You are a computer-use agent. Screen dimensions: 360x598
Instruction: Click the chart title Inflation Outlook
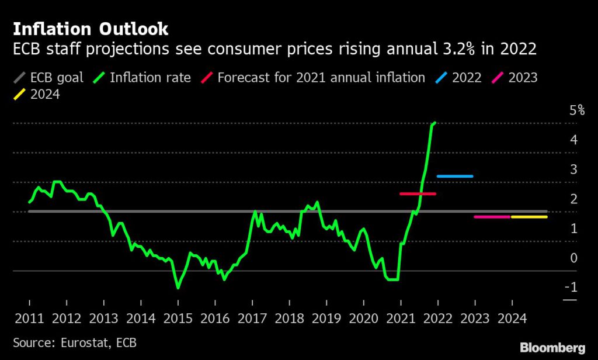[x=91, y=29]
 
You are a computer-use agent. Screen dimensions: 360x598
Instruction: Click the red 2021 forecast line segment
[x=418, y=193]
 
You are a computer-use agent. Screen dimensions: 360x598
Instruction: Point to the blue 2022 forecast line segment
[x=454, y=176]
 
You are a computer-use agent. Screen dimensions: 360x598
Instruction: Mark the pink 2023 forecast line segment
[x=492, y=217]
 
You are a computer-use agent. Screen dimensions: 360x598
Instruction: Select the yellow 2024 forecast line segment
[x=529, y=217]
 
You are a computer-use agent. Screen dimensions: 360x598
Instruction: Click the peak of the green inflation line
[x=434, y=123]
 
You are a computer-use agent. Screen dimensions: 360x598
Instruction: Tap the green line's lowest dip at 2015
[x=178, y=288]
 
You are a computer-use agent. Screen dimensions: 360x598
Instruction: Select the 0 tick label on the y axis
[x=573, y=258]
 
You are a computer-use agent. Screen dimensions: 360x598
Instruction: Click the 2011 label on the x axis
[x=29, y=319]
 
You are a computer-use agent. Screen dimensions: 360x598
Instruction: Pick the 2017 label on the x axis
[x=252, y=319]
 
